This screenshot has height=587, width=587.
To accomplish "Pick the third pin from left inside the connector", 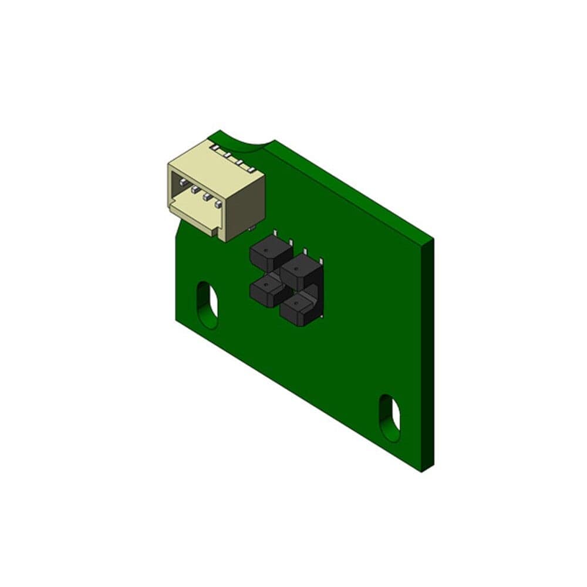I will [206, 197].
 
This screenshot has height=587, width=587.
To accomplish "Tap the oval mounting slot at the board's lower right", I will [390, 416].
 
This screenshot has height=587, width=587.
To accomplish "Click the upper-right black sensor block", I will [301, 270].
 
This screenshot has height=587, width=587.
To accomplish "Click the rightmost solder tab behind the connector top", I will [252, 168].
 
